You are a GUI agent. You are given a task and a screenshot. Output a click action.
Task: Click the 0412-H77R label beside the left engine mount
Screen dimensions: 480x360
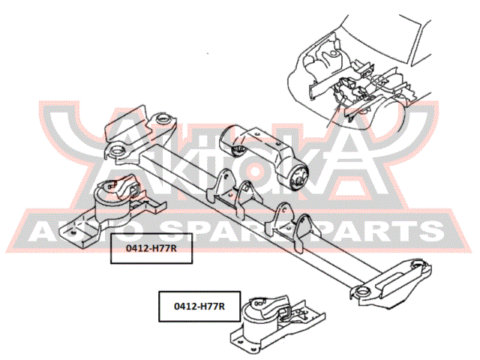pos(151,248)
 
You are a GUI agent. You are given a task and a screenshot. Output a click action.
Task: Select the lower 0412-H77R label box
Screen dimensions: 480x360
pos(199,306)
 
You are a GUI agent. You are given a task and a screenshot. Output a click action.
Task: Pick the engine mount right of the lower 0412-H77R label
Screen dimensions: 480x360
pos(277,325)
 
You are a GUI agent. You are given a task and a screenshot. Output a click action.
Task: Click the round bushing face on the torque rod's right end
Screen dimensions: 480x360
pos(299,177)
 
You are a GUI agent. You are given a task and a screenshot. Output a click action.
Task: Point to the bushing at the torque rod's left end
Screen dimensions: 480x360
pos(238,151)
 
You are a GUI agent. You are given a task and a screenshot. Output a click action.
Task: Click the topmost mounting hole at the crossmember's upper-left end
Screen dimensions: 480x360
pos(163,118)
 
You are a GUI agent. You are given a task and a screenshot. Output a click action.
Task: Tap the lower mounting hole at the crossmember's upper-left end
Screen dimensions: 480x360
pos(117,151)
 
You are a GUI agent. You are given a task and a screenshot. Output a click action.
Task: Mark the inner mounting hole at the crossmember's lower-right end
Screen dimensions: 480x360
pos(362,292)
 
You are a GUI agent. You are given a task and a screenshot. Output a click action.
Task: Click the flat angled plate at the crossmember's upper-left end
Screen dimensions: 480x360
pos(125,123)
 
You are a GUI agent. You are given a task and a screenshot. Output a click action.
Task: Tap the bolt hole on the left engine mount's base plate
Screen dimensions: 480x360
pos(73,233)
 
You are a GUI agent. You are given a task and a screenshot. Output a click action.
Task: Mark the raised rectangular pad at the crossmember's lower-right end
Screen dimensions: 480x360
pos(391,281)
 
